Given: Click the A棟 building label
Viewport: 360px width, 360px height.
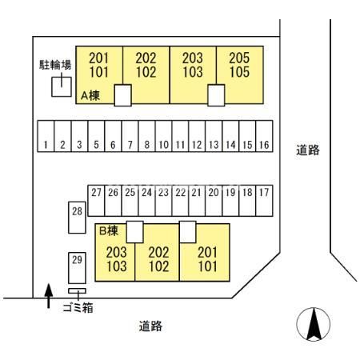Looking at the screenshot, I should coord(90,94).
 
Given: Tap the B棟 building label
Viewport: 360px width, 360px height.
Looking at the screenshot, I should coord(109,230).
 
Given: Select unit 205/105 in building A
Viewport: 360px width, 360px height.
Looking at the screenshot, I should coord(239,64).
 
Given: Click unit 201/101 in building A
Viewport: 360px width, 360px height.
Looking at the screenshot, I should coord(99,64).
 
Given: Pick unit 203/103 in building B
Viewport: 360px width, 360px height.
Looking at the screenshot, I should coord(117,259).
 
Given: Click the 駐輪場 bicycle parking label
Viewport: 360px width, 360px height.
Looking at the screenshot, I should coord(55,64).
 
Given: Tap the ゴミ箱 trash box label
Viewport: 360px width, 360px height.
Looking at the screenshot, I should coord(78,307).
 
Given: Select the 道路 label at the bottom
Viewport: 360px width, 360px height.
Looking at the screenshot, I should coord(150,326).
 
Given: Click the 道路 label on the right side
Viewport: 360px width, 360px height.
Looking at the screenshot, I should coord(308,150).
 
